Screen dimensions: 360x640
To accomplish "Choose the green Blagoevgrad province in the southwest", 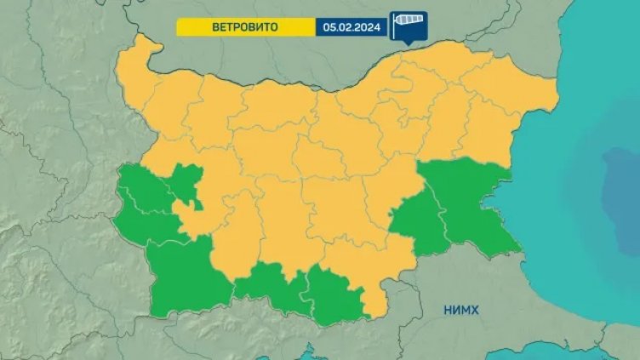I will coord(183,272).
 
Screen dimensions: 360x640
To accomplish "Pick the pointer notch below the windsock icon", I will coord(407,41).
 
